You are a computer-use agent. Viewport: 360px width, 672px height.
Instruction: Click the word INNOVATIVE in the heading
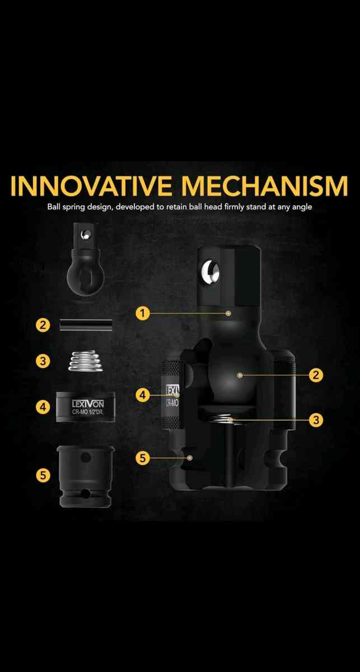pyautogui.click(x=93, y=186)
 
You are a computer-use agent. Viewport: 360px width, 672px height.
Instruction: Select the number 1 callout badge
pyautogui.click(x=143, y=313)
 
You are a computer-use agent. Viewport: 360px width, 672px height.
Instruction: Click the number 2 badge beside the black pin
pyautogui.click(x=43, y=325)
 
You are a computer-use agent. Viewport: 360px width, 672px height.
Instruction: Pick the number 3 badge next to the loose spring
pyautogui.click(x=43, y=360)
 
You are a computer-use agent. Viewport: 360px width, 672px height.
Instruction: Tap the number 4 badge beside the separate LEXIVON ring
pyautogui.click(x=43, y=407)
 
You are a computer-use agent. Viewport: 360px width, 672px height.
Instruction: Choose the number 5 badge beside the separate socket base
pyautogui.click(x=43, y=475)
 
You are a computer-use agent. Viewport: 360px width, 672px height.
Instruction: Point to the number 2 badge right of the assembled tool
pyautogui.click(x=317, y=375)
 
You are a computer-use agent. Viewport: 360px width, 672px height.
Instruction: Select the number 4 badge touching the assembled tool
pyautogui.click(x=143, y=394)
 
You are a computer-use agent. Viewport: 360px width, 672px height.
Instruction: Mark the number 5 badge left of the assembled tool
pyautogui.click(x=143, y=458)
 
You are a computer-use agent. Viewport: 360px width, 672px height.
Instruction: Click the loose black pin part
pyautogui.click(x=87, y=325)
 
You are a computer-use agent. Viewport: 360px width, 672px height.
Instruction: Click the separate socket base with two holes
pyautogui.click(x=86, y=476)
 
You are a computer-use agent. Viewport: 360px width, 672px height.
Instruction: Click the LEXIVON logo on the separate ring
pyautogui.click(x=87, y=403)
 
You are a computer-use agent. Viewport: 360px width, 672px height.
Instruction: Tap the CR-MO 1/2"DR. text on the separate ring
pyautogui.click(x=87, y=413)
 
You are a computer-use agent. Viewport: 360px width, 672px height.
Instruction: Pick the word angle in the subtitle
pyautogui.click(x=300, y=207)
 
